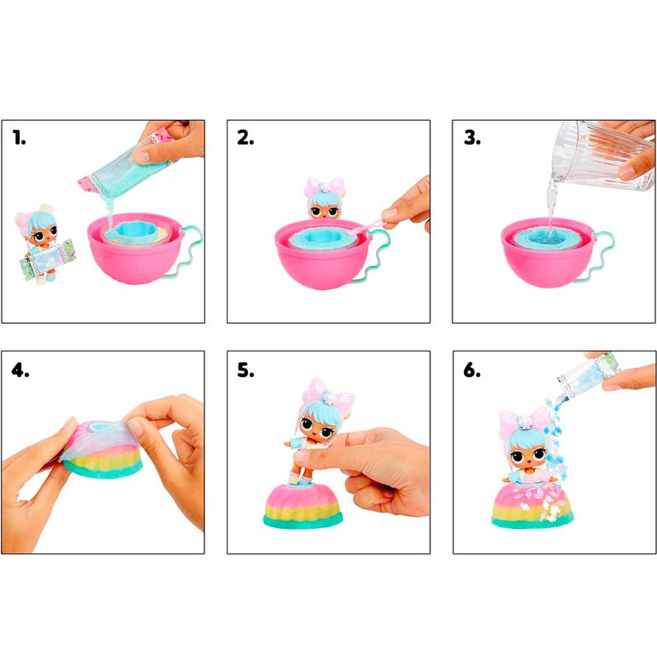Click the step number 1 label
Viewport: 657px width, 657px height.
point(19,137)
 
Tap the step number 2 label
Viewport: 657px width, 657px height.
point(246,137)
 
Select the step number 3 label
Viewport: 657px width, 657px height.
point(472,137)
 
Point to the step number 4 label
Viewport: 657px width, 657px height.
point(20,370)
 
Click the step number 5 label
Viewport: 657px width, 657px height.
point(246,370)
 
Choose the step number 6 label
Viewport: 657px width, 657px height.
point(472,370)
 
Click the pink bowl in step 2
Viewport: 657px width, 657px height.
point(323,255)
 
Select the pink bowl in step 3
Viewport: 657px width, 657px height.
point(549,254)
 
